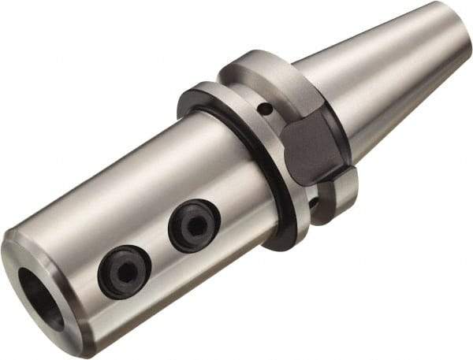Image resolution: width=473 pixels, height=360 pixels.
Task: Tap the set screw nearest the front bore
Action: (125, 272)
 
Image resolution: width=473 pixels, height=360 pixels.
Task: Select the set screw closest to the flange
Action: (194, 226)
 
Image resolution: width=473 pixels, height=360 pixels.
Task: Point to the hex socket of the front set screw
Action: (125, 273)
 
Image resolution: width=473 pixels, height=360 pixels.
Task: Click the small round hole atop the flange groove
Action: (267, 108)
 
